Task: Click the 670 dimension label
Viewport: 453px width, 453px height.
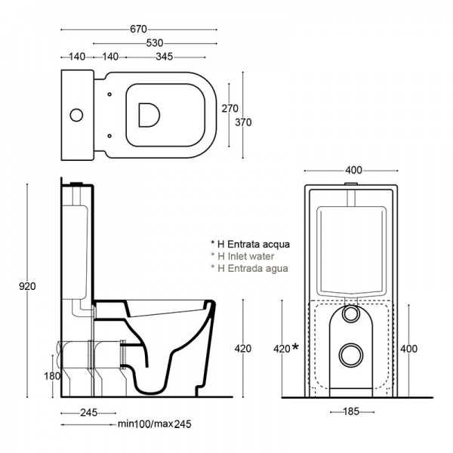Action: (137, 29)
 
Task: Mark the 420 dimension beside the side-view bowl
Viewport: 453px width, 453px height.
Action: (243, 348)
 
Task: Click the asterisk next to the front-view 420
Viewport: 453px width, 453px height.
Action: (296, 347)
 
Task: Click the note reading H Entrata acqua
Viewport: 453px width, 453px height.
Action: (251, 244)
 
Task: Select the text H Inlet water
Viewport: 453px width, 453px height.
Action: (245, 256)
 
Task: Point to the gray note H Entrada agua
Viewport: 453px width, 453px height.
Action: (250, 268)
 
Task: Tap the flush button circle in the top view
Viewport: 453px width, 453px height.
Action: (76, 115)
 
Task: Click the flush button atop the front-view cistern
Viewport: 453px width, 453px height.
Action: (350, 183)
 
